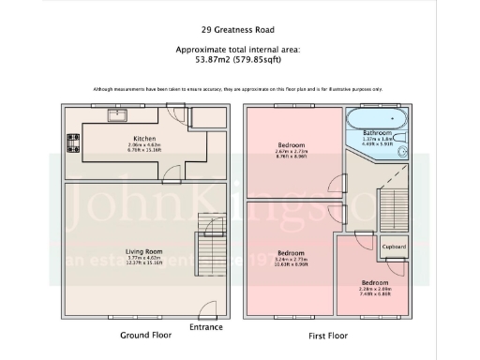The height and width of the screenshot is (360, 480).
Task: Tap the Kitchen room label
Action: (143, 139)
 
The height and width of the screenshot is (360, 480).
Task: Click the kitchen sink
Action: (117, 116)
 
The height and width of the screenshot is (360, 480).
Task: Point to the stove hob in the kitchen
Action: (72, 143)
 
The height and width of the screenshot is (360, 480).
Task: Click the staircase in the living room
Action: (208, 238)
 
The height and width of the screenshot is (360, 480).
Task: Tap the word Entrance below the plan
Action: (205, 327)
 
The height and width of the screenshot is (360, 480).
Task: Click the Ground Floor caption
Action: (144, 335)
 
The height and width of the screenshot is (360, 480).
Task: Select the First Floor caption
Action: (327, 335)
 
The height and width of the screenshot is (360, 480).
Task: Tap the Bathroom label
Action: (378, 133)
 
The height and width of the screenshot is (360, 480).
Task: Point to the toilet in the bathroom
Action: (401, 146)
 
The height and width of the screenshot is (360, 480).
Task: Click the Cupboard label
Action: (395, 247)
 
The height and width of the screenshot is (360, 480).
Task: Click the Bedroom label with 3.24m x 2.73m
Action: (291, 252)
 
